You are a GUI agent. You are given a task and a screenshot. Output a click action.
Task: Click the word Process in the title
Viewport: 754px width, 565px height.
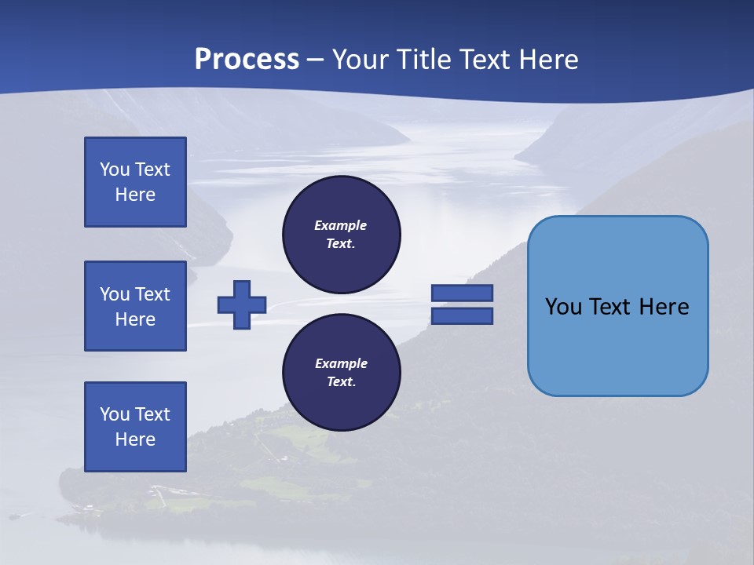(x=247, y=60)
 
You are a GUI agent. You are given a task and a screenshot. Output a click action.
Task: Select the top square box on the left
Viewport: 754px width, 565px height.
(x=135, y=182)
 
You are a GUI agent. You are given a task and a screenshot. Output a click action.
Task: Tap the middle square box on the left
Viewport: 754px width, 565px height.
(x=135, y=306)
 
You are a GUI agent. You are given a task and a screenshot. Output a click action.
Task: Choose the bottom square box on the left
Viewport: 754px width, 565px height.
(x=135, y=427)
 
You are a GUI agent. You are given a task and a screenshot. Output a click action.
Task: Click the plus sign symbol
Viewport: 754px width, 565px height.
(x=242, y=304)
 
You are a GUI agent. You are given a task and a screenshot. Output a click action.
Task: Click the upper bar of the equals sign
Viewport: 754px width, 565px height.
(x=462, y=293)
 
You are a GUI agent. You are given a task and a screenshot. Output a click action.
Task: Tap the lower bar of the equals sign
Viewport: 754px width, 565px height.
(x=462, y=316)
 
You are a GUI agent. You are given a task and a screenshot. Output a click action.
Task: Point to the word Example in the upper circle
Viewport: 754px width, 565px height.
(x=341, y=225)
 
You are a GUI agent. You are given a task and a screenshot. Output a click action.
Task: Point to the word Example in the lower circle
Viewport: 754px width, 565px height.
(x=341, y=363)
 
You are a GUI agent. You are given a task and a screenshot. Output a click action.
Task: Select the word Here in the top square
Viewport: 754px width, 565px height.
(x=135, y=195)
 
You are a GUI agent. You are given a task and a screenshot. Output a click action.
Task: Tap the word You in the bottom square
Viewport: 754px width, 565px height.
(x=114, y=414)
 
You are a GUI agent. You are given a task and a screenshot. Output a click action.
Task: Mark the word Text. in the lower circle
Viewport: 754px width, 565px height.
(x=341, y=382)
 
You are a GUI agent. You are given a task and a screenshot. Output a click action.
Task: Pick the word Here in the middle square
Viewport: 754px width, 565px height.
(x=135, y=319)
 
